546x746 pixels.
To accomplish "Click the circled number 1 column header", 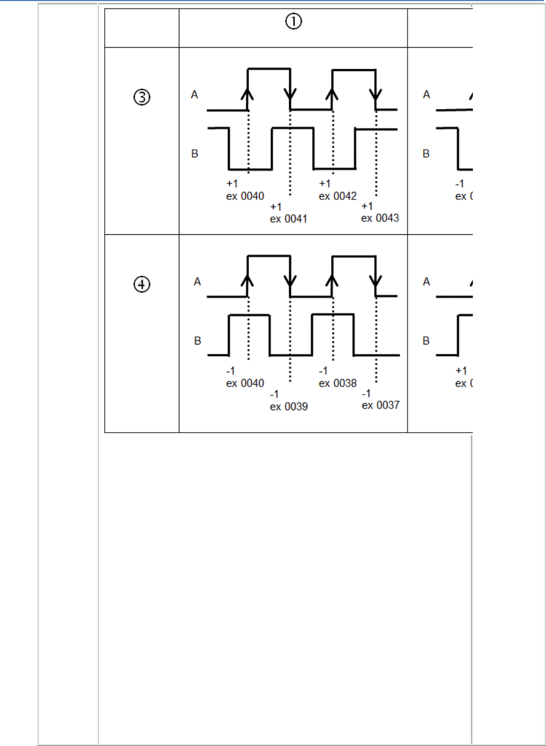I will [293, 21].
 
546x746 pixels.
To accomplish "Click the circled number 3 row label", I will [142, 97].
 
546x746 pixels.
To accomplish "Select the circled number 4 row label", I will [142, 284].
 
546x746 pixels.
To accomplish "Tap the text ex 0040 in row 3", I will [245, 196].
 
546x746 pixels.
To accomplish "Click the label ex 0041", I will [288, 219].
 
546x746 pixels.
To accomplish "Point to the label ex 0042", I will [338, 196].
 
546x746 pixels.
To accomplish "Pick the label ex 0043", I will [380, 218].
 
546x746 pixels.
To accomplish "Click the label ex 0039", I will [288, 406].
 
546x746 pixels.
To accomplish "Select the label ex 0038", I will [338, 383].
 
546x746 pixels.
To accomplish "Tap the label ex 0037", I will [380, 405].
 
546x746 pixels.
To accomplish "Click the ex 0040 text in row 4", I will [245, 383].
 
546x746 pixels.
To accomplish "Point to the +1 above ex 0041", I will [276, 207].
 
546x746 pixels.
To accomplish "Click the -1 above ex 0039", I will [275, 394].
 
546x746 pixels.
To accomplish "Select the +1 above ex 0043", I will [367, 206].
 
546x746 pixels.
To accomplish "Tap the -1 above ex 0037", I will [366, 394].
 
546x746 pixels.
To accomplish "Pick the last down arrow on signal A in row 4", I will [376, 281].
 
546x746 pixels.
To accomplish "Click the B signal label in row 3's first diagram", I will [194, 154].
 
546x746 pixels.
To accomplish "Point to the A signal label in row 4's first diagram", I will [197, 282].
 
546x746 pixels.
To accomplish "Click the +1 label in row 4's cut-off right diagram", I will [461, 371].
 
